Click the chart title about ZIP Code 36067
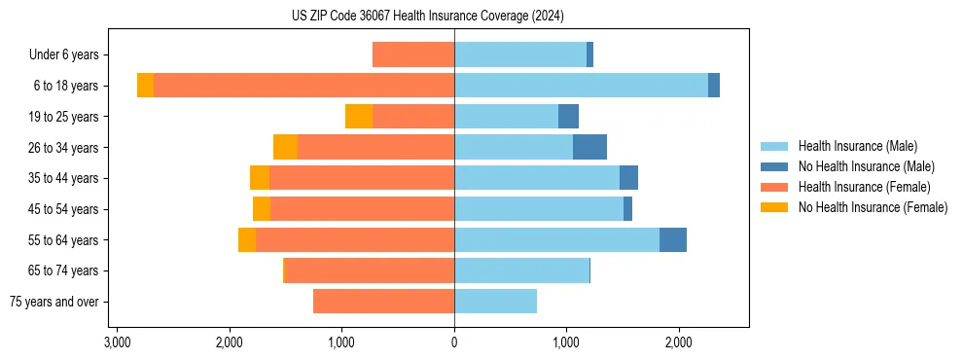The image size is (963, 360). (x=427, y=17)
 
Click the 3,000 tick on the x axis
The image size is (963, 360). (x=117, y=343)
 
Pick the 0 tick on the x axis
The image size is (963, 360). (x=454, y=343)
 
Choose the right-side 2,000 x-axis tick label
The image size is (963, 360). (x=678, y=343)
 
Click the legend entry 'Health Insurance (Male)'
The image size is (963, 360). (x=857, y=146)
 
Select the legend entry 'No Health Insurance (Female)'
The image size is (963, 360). (x=873, y=207)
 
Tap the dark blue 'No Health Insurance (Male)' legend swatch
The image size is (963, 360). (x=774, y=166)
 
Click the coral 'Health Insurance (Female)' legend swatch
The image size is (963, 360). (x=774, y=187)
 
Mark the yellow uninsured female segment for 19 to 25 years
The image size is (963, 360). (x=359, y=117)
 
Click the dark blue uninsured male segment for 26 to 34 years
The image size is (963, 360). (x=589, y=147)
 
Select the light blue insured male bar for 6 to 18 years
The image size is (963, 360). (x=581, y=86)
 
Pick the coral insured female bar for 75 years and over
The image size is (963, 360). (x=383, y=302)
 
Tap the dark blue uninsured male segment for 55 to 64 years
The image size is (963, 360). (x=673, y=239)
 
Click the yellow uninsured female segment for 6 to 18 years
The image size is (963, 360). (x=145, y=86)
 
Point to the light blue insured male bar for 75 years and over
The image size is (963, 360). (x=495, y=302)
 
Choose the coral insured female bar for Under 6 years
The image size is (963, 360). (x=413, y=55)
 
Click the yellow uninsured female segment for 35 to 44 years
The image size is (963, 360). (x=260, y=178)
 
